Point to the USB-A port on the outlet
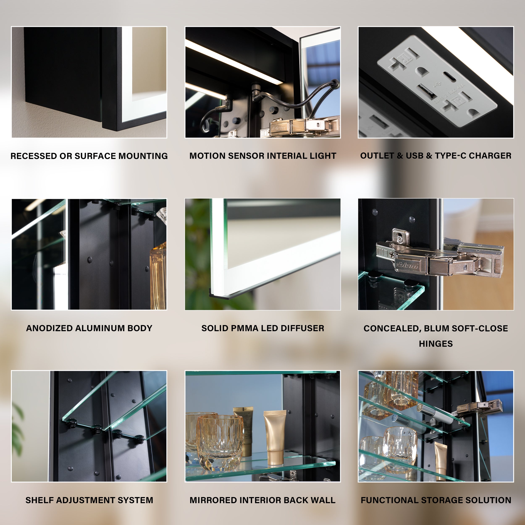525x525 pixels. (x=427, y=91)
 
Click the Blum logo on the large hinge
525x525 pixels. (x=407, y=265)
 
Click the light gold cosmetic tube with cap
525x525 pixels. (x=275, y=437)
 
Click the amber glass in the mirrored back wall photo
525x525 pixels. (x=219, y=443)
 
